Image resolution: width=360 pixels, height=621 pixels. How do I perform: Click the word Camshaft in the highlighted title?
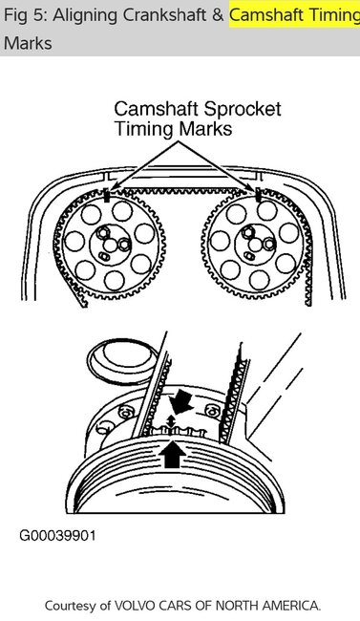click(x=267, y=14)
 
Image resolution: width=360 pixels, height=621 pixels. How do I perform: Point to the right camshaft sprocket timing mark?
click(x=258, y=195)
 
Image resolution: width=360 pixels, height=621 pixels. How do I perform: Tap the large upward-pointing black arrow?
click(x=172, y=452)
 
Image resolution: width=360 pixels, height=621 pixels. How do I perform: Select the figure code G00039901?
click(x=57, y=535)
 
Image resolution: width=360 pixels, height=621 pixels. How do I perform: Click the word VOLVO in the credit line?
click(x=137, y=605)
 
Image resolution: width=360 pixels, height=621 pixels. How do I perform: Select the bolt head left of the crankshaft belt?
click(x=124, y=413)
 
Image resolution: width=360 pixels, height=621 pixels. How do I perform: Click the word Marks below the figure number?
click(x=28, y=44)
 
